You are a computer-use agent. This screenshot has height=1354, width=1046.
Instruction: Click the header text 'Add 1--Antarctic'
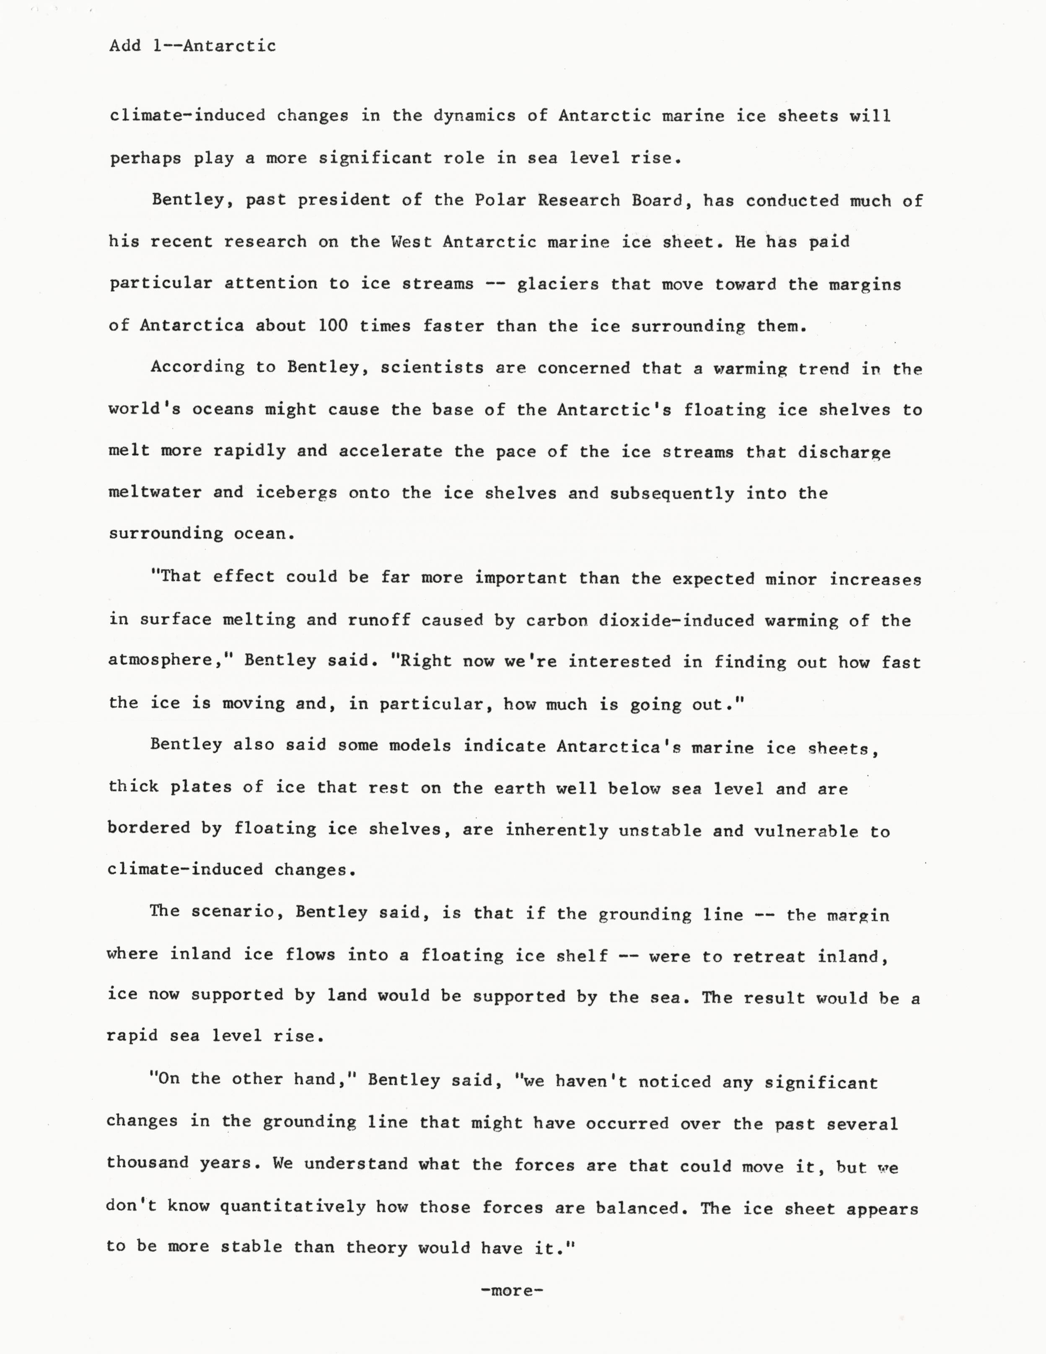pos(192,46)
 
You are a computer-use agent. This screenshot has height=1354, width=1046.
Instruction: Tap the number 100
pos(333,326)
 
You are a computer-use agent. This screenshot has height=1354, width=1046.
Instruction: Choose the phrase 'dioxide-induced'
pos(676,621)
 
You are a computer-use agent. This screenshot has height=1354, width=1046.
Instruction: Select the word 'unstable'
pos(660,831)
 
